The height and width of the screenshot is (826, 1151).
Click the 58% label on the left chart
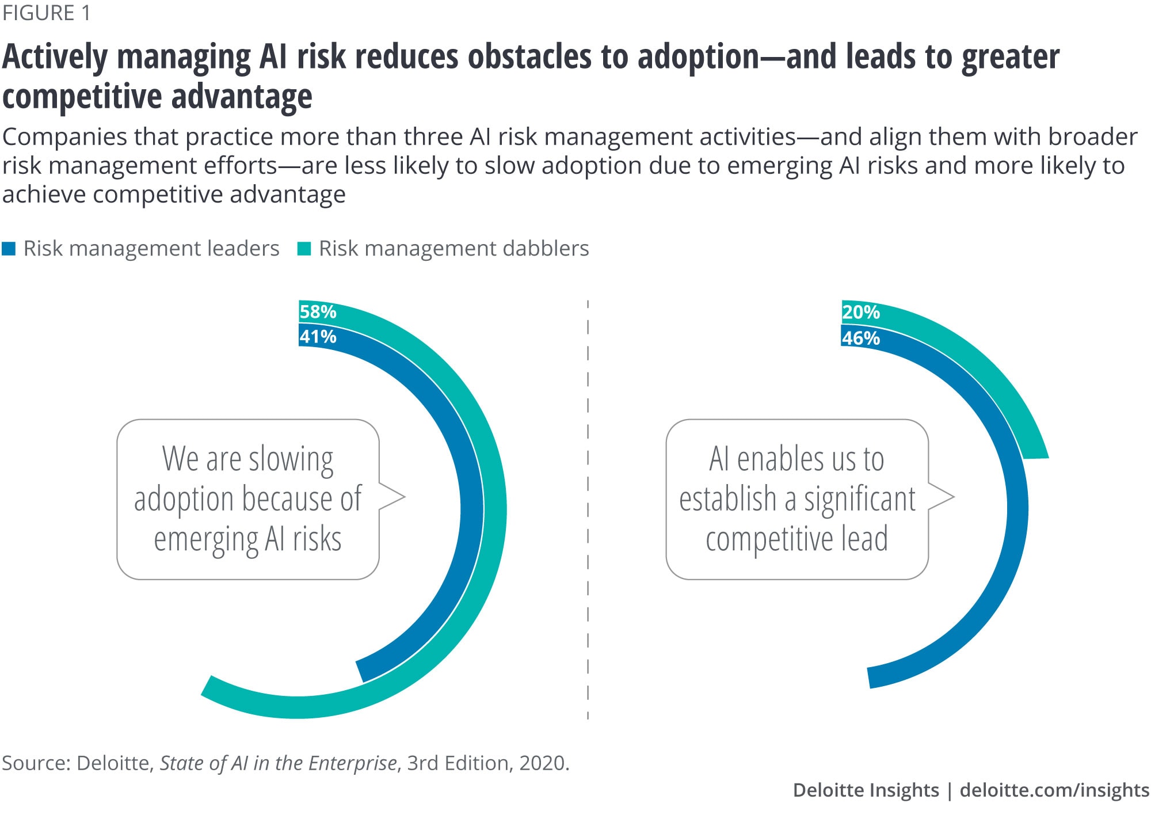[x=318, y=311]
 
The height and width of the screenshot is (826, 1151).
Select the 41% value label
[x=318, y=336]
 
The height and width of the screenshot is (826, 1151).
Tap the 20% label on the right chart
[x=861, y=312]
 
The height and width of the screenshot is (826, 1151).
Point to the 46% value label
[x=861, y=338]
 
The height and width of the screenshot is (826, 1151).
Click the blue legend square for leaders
[x=9, y=249]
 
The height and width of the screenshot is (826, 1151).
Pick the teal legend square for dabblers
[x=304, y=249]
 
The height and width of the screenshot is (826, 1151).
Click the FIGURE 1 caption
[x=47, y=13]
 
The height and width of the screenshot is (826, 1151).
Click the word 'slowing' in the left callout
[x=291, y=459]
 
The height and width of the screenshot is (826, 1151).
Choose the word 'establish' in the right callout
[x=727, y=498]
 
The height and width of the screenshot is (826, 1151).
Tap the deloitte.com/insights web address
[x=1054, y=790]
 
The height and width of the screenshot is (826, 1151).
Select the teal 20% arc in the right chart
[x=990, y=368]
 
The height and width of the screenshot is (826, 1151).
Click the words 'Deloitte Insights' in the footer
[x=866, y=790]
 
